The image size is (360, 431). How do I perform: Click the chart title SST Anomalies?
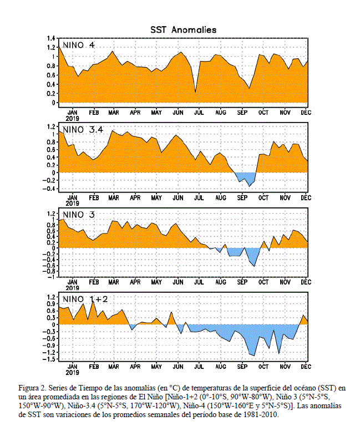click(x=183, y=30)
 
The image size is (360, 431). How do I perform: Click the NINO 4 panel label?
click(x=79, y=45)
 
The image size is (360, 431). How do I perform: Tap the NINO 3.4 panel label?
click(x=83, y=129)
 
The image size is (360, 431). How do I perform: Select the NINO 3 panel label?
click(x=79, y=215)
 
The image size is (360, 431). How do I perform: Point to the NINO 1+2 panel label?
click(x=85, y=299)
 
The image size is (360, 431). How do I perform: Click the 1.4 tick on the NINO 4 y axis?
click(x=52, y=38)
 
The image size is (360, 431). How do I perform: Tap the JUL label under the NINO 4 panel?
click(x=199, y=113)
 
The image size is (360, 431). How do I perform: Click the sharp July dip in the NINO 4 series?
click(x=195, y=92)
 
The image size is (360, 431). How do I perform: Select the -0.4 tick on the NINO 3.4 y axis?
click(x=49, y=189)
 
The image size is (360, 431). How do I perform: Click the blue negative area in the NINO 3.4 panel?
click(x=246, y=178)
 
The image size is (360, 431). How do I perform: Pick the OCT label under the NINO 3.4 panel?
click(x=263, y=197)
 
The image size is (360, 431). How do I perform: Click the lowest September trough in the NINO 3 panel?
click(x=254, y=266)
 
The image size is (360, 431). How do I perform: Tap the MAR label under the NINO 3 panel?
click(x=114, y=282)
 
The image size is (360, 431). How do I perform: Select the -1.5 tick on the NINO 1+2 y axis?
click(x=49, y=359)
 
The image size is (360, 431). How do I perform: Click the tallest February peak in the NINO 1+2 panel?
click(x=93, y=301)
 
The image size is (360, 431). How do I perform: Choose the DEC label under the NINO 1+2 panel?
click(x=306, y=367)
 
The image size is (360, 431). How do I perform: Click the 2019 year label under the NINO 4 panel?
click(x=72, y=119)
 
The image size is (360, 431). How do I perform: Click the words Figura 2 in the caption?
click(x=31, y=388)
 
